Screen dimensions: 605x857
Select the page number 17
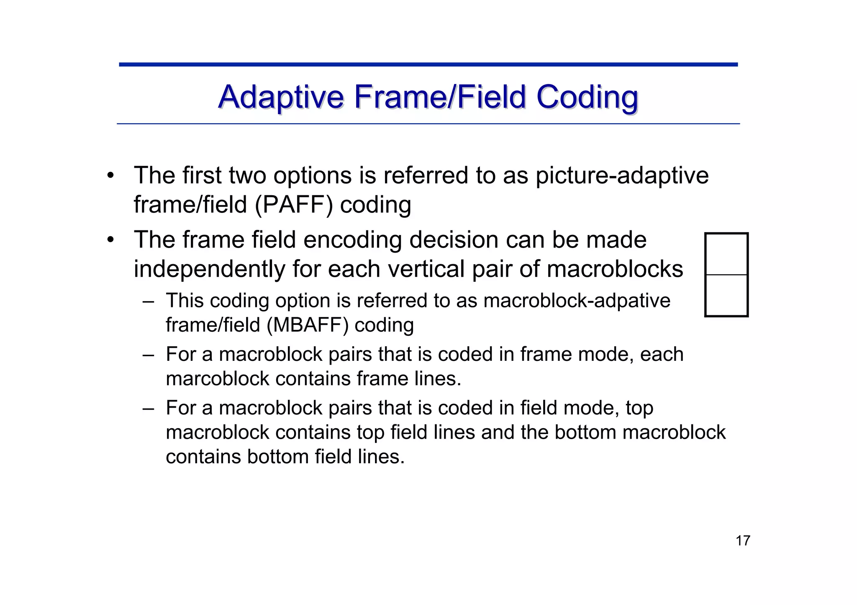[743, 541]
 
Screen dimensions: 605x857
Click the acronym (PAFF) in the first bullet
[294, 205]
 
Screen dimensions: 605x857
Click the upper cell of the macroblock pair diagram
[726, 254]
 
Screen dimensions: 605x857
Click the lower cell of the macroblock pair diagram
[726, 295]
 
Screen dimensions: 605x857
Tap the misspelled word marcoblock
[218, 379]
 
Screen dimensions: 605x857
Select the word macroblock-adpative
[577, 301]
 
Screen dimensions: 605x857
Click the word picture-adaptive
[622, 176]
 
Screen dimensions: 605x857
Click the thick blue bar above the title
[428, 64]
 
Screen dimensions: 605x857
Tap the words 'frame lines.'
[409, 379]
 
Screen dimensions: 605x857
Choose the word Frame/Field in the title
[439, 97]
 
